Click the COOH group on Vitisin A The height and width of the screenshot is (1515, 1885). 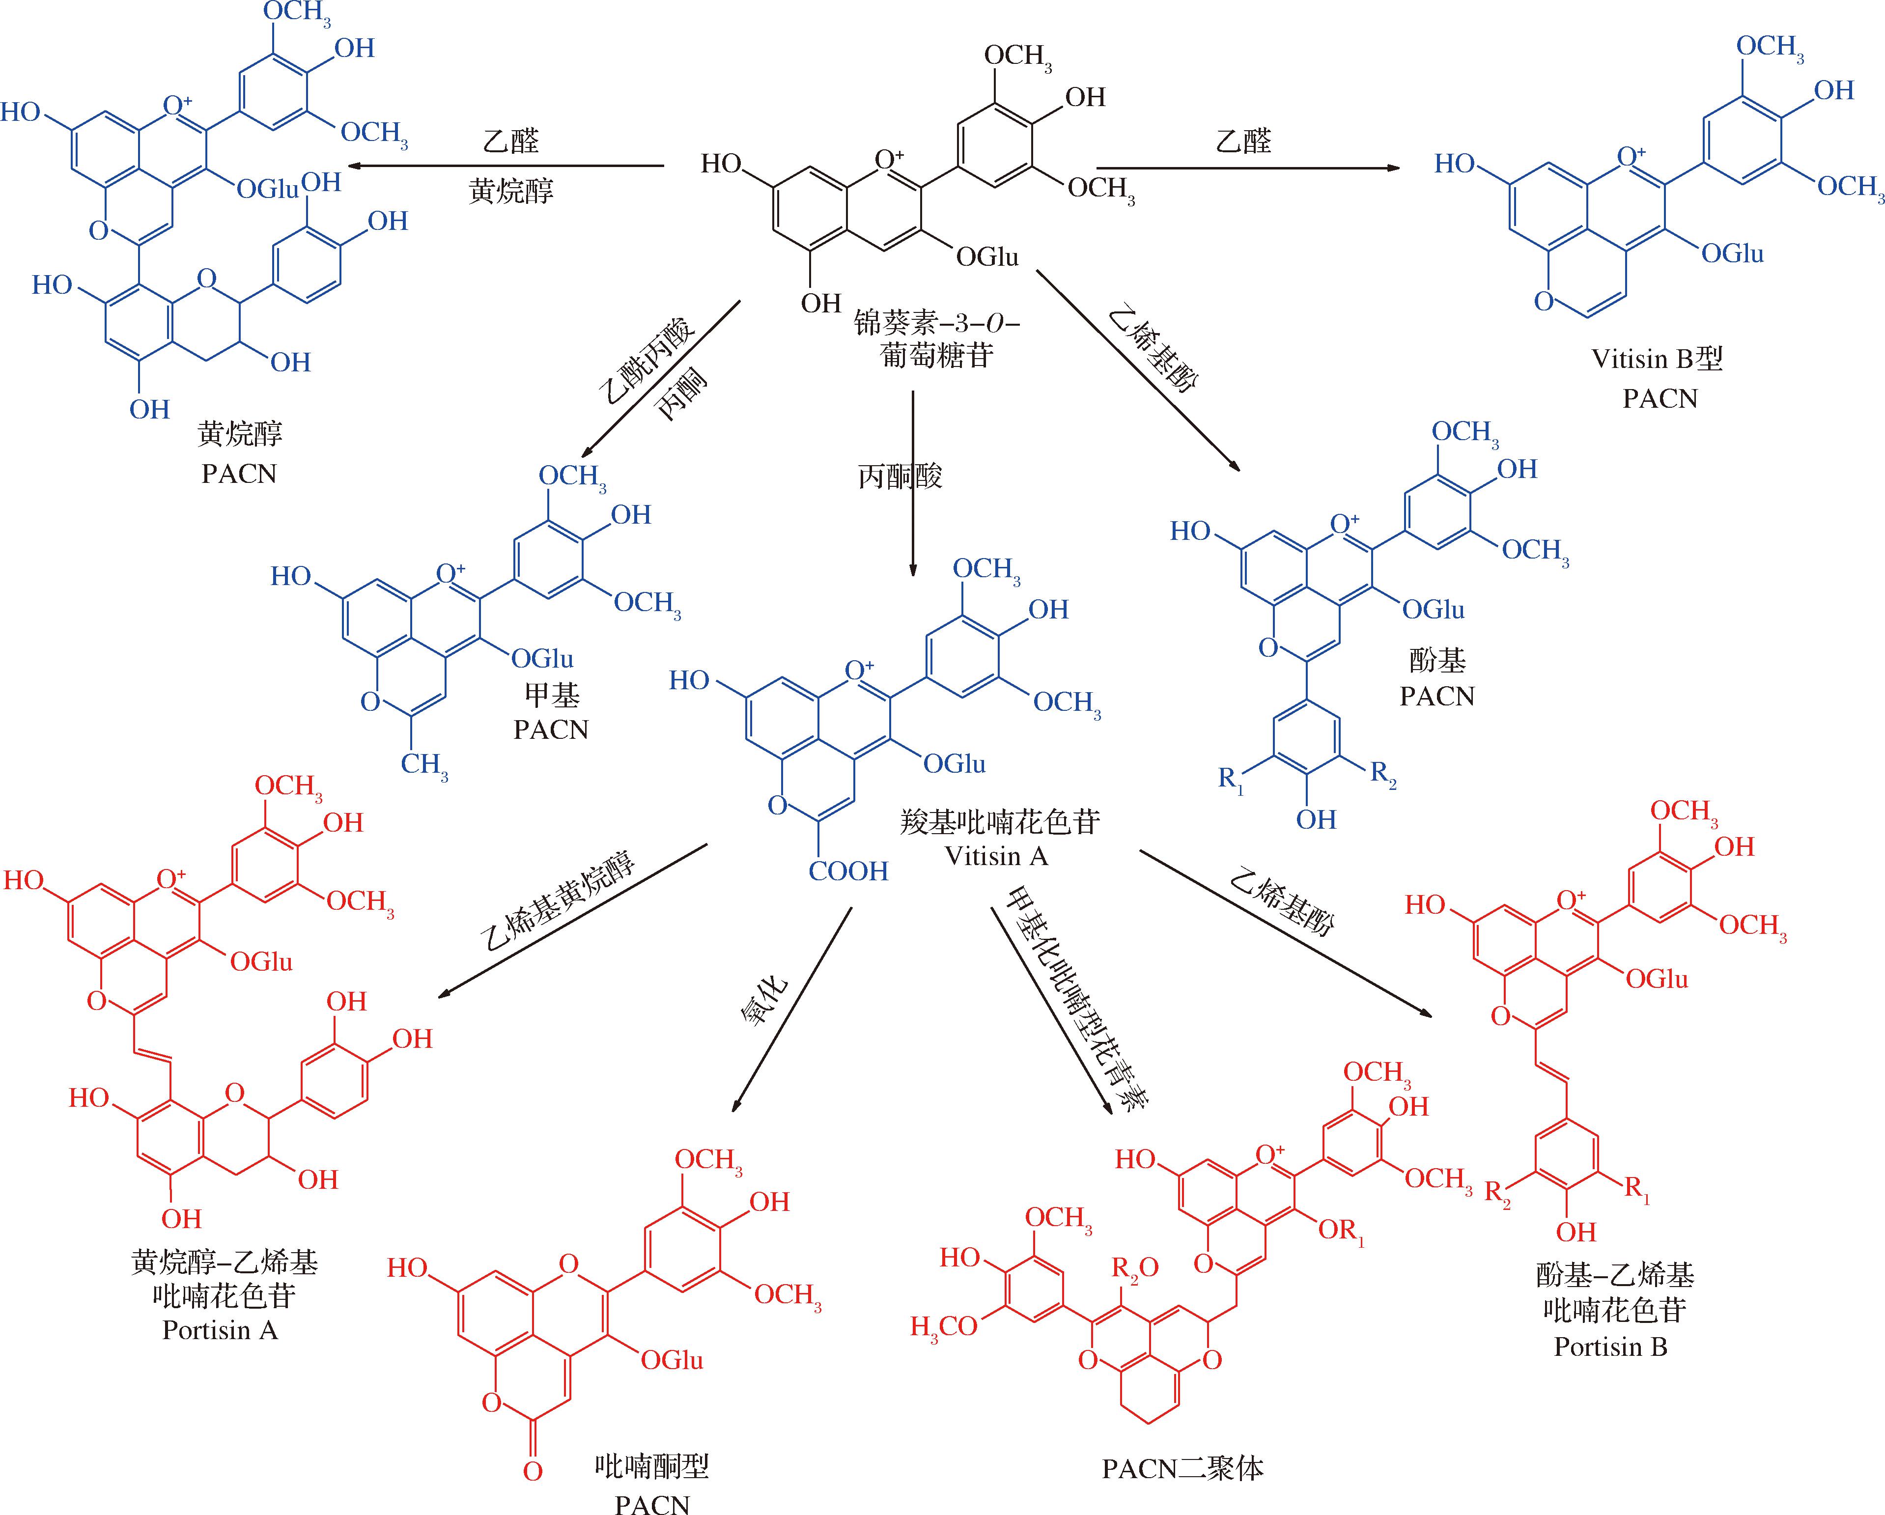(x=847, y=871)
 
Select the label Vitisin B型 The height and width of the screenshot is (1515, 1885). (x=1658, y=359)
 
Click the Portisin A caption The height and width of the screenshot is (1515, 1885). (x=220, y=1331)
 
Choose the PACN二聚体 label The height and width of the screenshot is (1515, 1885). (x=1182, y=1469)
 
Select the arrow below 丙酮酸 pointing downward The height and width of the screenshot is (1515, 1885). (x=913, y=525)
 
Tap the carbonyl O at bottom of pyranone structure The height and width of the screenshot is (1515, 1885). (x=533, y=1472)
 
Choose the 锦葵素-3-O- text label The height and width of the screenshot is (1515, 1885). (x=936, y=323)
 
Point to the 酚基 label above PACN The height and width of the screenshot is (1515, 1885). (x=1436, y=661)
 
